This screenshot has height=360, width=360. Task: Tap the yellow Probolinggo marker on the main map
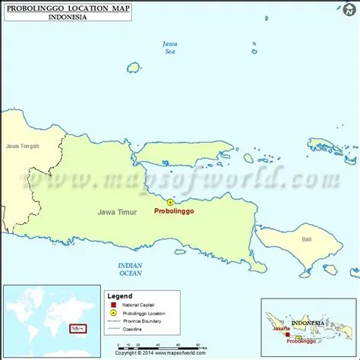point(170,202)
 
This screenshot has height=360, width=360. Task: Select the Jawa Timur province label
point(116,213)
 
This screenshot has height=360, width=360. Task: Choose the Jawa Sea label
point(170,48)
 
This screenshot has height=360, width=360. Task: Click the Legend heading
point(119,296)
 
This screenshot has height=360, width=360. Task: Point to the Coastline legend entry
point(134,329)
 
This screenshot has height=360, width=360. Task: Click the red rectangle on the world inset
point(77,329)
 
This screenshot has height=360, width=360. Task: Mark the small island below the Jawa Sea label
point(134,68)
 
